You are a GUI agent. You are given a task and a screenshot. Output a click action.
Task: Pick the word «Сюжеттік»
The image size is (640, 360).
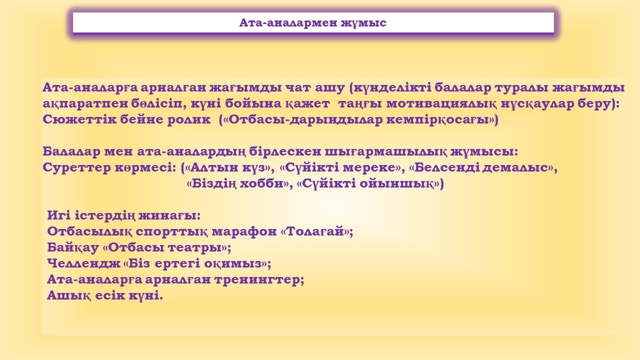coord(79,119)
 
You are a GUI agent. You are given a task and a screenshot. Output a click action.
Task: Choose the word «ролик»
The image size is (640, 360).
coord(188,120)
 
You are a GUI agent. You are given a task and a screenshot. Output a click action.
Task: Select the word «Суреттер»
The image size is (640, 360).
coord(76,167)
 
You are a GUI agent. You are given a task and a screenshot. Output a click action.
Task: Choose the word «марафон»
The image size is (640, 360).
coord(244,231)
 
